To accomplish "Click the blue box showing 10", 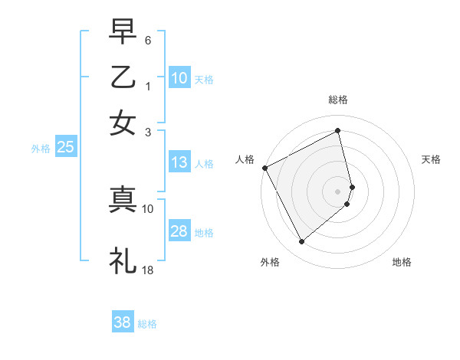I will pyautogui.click(x=179, y=78).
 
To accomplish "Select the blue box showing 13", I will pyautogui.click(x=179, y=162).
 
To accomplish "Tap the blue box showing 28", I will pyautogui.click(x=179, y=232).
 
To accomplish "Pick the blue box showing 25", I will pyautogui.click(x=65, y=148).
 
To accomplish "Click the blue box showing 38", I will pyautogui.click(x=122, y=322).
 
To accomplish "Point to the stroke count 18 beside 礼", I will pyautogui.click(x=148, y=270).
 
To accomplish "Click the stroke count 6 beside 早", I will pyautogui.click(x=148, y=39).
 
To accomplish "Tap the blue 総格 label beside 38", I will pyautogui.click(x=147, y=324).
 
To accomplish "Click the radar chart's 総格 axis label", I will pyautogui.click(x=338, y=100).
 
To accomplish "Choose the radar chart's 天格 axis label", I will pyautogui.click(x=432, y=159).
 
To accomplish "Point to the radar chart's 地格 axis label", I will pyautogui.click(x=402, y=262).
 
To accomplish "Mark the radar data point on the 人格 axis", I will pyautogui.click(x=264, y=168).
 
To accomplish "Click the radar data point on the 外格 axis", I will pyautogui.click(x=301, y=242).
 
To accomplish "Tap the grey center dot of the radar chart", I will pyautogui.click(x=338, y=191).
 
